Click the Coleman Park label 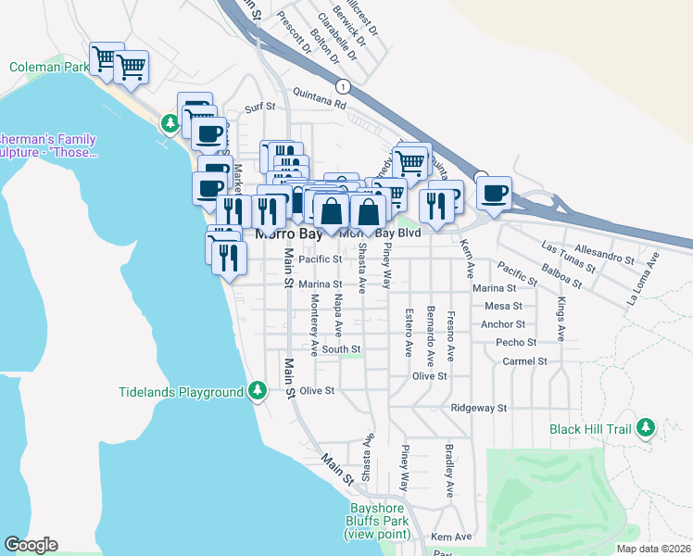click(49, 68)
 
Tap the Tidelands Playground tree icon click(258, 392)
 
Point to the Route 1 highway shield click(344, 86)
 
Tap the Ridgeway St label click(479, 408)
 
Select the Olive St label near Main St click(316, 391)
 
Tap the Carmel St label click(524, 360)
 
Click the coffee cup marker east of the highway click(494, 194)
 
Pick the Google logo click(31, 545)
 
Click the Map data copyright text click(652, 549)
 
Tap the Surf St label click(260, 107)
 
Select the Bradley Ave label click(448, 472)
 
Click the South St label click(341, 349)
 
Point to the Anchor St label click(503, 324)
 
